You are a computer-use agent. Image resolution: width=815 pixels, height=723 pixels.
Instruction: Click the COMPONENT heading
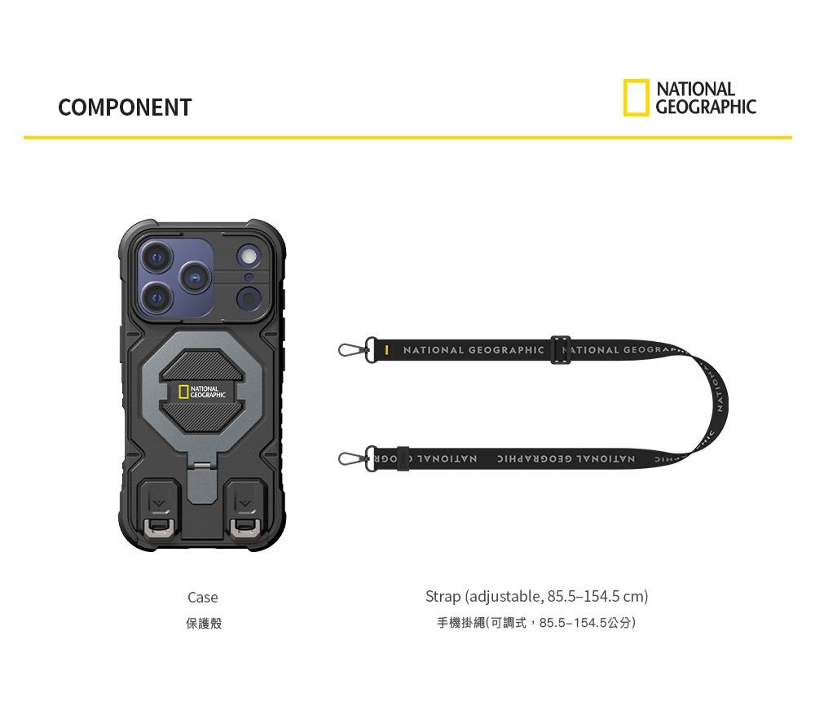pyautogui.click(x=125, y=107)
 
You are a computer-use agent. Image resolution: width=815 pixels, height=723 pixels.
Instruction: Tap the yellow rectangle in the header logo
pyautogui.click(x=637, y=98)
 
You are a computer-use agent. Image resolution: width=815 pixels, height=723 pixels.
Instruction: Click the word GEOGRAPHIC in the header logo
pyautogui.click(x=706, y=107)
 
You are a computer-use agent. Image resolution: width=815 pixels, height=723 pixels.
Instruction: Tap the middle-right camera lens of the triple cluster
pyautogui.click(x=195, y=278)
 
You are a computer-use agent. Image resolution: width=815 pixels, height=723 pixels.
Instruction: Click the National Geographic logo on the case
pyautogui.click(x=202, y=392)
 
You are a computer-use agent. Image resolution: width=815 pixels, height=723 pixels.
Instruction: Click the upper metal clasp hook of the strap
pyautogui.click(x=350, y=350)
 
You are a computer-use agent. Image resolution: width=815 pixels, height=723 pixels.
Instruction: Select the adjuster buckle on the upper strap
pyautogui.click(x=559, y=350)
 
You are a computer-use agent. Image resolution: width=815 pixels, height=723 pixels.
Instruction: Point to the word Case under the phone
pyautogui.click(x=202, y=598)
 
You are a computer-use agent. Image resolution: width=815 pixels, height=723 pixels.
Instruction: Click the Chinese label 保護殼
pyautogui.click(x=203, y=624)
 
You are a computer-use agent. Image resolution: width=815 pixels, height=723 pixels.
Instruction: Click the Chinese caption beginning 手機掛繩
pyautogui.click(x=536, y=624)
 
